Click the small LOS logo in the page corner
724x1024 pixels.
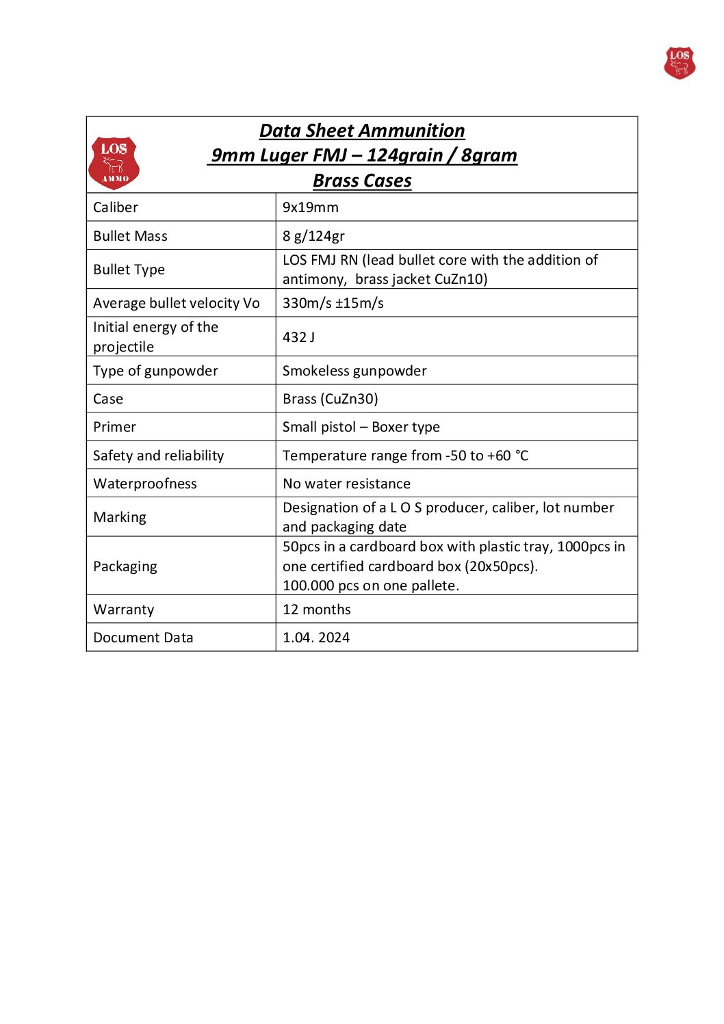click(x=679, y=63)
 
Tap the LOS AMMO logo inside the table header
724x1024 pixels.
click(x=114, y=163)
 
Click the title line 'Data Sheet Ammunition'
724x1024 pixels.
click(x=362, y=131)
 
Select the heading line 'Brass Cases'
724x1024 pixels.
click(x=362, y=181)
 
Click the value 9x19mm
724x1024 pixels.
click(x=310, y=207)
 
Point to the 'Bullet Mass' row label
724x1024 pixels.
click(x=130, y=236)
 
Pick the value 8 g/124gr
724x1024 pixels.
click(x=313, y=236)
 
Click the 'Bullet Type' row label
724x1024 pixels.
click(x=129, y=270)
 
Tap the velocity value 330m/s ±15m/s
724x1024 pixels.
click(x=333, y=303)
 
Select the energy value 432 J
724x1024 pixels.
click(x=298, y=337)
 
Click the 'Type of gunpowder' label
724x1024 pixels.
click(x=155, y=371)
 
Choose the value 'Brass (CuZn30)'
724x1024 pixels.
click(x=330, y=399)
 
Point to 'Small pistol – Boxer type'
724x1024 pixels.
click(x=361, y=427)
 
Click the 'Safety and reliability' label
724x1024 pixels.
click(x=158, y=456)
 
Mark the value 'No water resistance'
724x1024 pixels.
click(x=346, y=484)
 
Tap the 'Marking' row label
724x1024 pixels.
click(x=120, y=517)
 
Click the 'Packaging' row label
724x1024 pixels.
click(x=125, y=566)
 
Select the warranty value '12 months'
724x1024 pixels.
click(x=316, y=609)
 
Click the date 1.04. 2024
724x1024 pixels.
click(x=315, y=638)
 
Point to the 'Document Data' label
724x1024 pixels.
click(x=143, y=638)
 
